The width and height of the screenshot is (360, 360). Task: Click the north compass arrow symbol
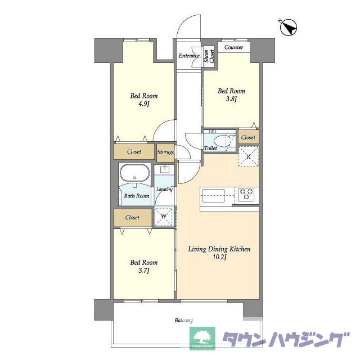[289, 28]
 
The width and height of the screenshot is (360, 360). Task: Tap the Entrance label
[190, 56]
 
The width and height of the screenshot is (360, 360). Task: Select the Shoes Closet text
[209, 56]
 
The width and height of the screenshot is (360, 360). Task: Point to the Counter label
[234, 47]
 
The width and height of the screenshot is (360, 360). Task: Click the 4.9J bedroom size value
[144, 104]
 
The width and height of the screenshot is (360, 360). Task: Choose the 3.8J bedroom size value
[231, 99]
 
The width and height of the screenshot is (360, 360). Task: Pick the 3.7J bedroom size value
[144, 271]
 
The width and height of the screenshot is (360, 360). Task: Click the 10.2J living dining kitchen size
[219, 257]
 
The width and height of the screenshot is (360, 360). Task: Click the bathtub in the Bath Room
[135, 173]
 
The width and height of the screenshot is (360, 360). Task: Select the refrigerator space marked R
[249, 156]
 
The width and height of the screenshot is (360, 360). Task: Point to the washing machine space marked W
[164, 217]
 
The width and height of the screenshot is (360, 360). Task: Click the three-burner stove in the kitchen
[246, 195]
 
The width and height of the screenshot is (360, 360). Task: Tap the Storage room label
[165, 152]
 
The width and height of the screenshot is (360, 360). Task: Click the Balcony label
[184, 320]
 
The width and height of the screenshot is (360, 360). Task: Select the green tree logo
[202, 338]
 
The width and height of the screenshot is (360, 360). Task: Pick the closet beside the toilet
[249, 137]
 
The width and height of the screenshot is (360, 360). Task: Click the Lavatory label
[164, 190]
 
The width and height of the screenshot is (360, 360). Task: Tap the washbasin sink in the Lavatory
[165, 170]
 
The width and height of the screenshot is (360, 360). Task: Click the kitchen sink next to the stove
[213, 196]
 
